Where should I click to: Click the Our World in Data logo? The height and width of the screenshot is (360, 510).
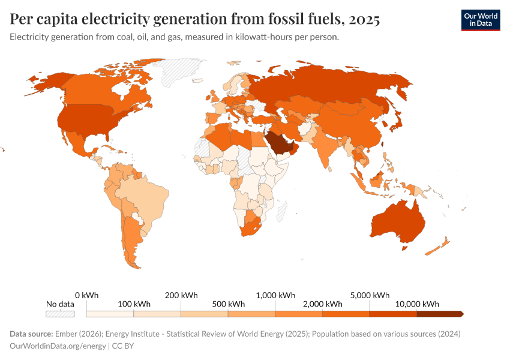pyautogui.click(x=481, y=20)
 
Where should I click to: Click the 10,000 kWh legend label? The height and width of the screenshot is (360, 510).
pyautogui.click(x=418, y=304)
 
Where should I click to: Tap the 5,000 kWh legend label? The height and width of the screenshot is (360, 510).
pyautogui.click(x=370, y=295)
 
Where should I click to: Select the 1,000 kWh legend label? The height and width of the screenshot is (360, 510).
pyautogui.click(x=275, y=295)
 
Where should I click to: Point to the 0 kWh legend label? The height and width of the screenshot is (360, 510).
pyautogui.click(x=86, y=295)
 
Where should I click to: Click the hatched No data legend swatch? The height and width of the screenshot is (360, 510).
pyautogui.click(x=60, y=313)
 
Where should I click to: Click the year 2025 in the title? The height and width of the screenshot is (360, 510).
pyautogui.click(x=362, y=20)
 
